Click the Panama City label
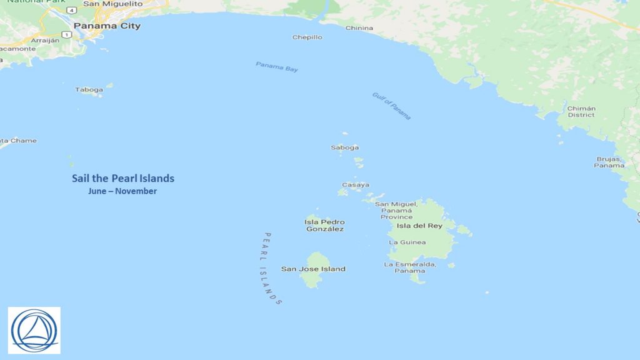click(107, 26)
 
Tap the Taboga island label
click(89, 90)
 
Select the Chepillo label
click(307, 37)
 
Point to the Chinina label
click(359, 28)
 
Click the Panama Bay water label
click(277, 67)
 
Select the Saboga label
click(344, 148)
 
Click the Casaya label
click(355, 185)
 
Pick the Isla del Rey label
click(419, 226)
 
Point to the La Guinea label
click(407, 242)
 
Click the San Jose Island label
click(313, 269)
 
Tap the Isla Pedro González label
click(324, 226)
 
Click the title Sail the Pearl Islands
click(123, 179)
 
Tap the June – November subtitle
click(122, 191)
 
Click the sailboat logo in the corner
click(34, 329)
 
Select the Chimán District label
click(581, 112)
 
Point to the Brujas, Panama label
click(609, 162)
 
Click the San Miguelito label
click(112, 4)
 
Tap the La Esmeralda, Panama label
click(410, 267)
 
